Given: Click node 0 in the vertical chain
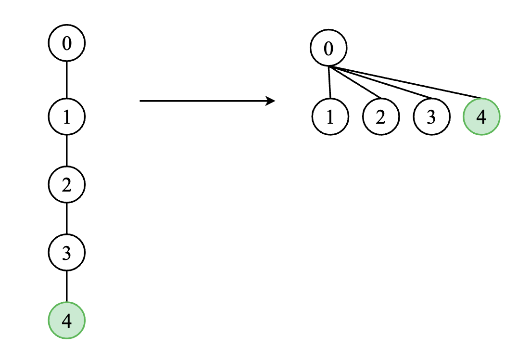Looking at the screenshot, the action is click(66, 43).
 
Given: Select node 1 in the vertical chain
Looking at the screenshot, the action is click(66, 117).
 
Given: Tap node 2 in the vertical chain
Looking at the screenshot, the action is click(66, 184).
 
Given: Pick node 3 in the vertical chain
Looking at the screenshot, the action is click(66, 252).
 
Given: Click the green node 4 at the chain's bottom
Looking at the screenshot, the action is click(66, 321).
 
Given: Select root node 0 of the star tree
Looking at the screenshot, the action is click(328, 48).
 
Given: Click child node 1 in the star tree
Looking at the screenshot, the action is click(330, 117).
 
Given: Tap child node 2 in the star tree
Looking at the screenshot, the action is click(381, 117).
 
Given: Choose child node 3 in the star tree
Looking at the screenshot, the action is click(431, 117).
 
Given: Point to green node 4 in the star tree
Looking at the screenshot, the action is click(481, 117).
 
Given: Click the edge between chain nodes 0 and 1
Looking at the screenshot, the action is click(66, 80).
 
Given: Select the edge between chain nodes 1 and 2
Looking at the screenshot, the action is click(66, 151).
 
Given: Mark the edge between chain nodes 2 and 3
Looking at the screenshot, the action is click(66, 219).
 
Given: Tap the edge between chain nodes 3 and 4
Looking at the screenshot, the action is click(66, 286).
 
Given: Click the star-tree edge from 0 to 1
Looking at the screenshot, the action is click(329, 83).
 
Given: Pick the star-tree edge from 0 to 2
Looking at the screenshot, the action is click(355, 83).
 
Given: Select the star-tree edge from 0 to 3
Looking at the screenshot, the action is click(380, 83).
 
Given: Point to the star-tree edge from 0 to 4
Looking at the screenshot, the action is click(405, 83).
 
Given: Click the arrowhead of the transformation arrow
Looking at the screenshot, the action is click(270, 101).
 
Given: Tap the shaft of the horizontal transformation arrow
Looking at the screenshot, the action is click(203, 101).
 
